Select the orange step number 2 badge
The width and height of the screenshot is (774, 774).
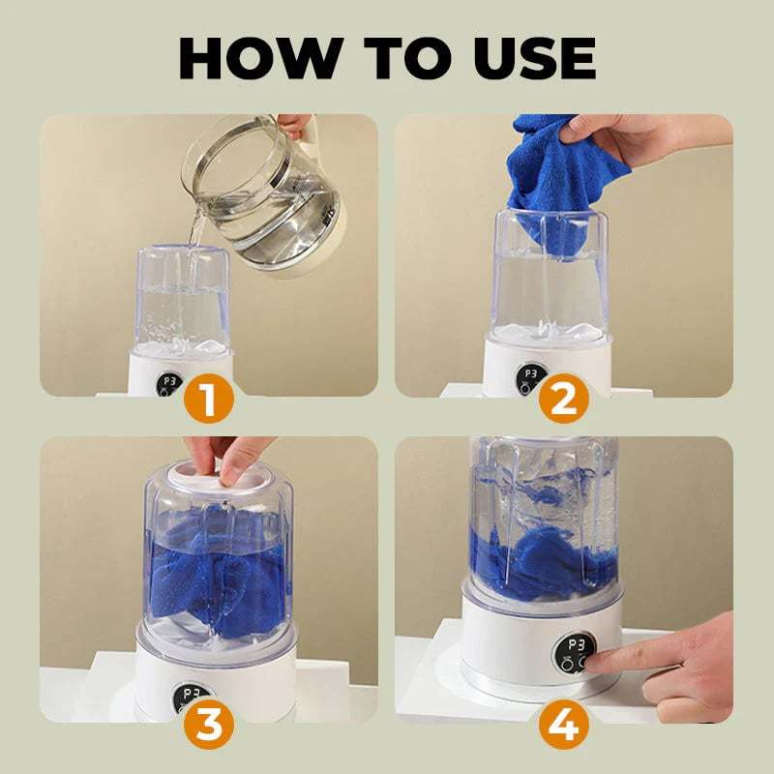click(565, 398)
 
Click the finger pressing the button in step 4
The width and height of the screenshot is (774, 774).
click(619, 664)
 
